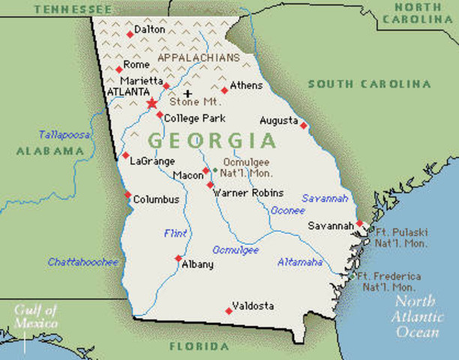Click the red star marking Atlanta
[152, 103]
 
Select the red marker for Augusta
[303, 125]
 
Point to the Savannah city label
[331, 225]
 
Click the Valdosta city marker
[228, 310]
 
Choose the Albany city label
[198, 264]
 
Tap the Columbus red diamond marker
[127, 194]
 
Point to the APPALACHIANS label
[198, 57]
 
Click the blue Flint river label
[175, 233]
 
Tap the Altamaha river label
[300, 262]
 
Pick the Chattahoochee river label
[83, 262]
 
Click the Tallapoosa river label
[65, 134]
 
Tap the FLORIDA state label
[199, 346]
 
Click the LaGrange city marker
[125, 156]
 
